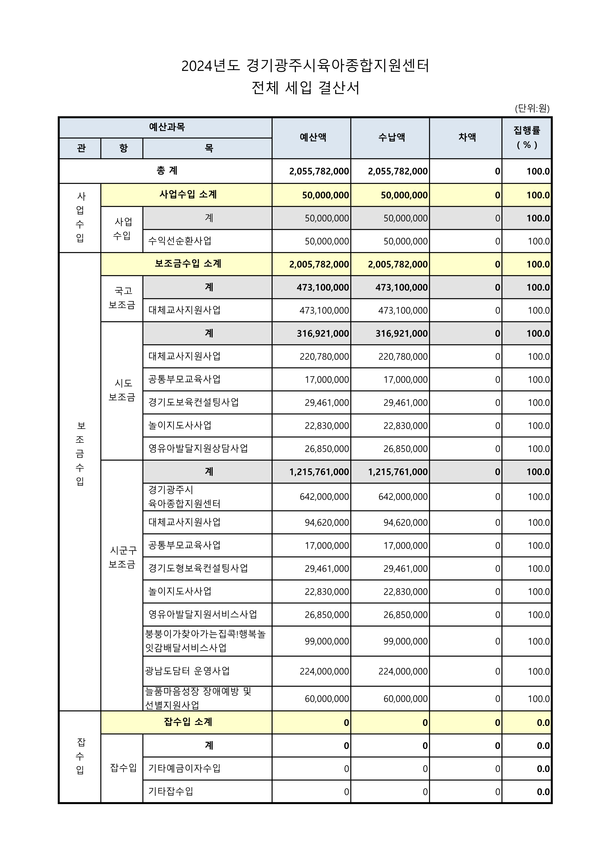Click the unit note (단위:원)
(x=532, y=108)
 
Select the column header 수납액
(x=391, y=138)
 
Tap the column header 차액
(x=467, y=138)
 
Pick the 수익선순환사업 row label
(x=180, y=241)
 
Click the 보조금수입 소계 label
(x=188, y=264)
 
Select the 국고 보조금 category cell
(x=122, y=298)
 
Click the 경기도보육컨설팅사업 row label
(x=193, y=402)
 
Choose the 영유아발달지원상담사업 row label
(x=198, y=448)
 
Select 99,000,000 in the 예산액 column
(x=327, y=641)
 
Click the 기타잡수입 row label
(x=171, y=791)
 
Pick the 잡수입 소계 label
(x=188, y=722)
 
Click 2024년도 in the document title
(x=210, y=66)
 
